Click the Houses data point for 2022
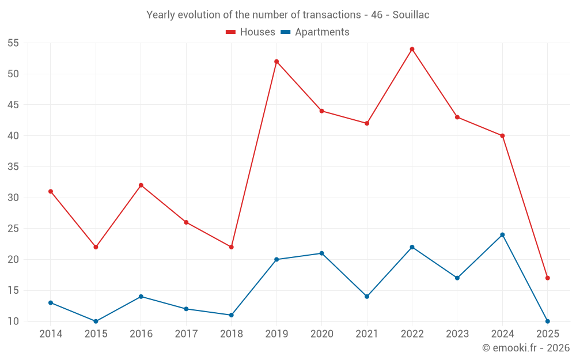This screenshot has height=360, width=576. pyautogui.click(x=412, y=49)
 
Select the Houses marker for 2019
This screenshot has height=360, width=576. pyautogui.click(x=276, y=62)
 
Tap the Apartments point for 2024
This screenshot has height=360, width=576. pyautogui.click(x=502, y=235)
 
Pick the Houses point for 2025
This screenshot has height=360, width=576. pyautogui.click(x=547, y=278)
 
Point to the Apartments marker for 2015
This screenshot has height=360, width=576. pyautogui.click(x=96, y=321)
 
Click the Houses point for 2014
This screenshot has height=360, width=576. pyautogui.click(x=51, y=191)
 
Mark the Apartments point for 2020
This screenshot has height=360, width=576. pyautogui.click(x=321, y=253)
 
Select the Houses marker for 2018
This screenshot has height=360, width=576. pyautogui.click(x=232, y=247)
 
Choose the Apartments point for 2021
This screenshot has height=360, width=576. pyautogui.click(x=367, y=297)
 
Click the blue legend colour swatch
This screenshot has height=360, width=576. pyautogui.click(x=285, y=32)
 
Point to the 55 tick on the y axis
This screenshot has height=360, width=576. pyautogui.click(x=13, y=43)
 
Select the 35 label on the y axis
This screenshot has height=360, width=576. pyautogui.click(x=13, y=167)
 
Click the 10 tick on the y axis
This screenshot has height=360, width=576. pyautogui.click(x=13, y=321)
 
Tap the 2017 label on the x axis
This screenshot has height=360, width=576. pyautogui.click(x=186, y=334)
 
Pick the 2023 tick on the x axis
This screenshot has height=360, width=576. pyautogui.click(x=457, y=334)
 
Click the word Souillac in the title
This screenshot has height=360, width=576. pyautogui.click(x=411, y=15)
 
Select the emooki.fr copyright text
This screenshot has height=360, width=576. pyautogui.click(x=526, y=348)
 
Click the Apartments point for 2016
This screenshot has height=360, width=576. pyautogui.click(x=141, y=297)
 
